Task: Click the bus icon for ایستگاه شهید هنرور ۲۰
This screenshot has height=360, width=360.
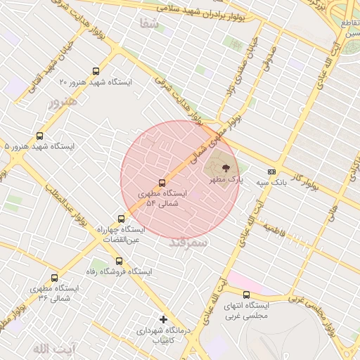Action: tap(96, 70)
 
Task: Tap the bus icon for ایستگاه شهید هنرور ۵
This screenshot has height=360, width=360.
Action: tap(39, 136)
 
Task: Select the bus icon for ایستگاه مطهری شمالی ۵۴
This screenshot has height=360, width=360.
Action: tap(162, 183)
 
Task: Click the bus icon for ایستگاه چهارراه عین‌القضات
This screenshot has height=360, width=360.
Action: tap(122, 219)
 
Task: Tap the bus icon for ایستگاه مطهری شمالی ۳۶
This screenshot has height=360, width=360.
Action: tap(54, 278)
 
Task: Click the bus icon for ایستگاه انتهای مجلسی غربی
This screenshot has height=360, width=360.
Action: tap(246, 295)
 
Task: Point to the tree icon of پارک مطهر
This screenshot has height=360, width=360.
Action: tap(226, 168)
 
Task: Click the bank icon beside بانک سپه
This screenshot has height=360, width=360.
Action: tap(271, 172)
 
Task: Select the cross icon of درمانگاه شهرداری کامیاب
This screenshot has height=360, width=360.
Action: tap(163, 319)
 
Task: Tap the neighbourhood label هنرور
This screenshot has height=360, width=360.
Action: tap(60, 103)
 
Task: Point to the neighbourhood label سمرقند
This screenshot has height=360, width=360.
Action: tap(188, 243)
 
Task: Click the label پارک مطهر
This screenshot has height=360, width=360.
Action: tap(226, 180)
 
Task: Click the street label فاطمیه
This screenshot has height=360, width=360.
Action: tap(274, 230)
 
